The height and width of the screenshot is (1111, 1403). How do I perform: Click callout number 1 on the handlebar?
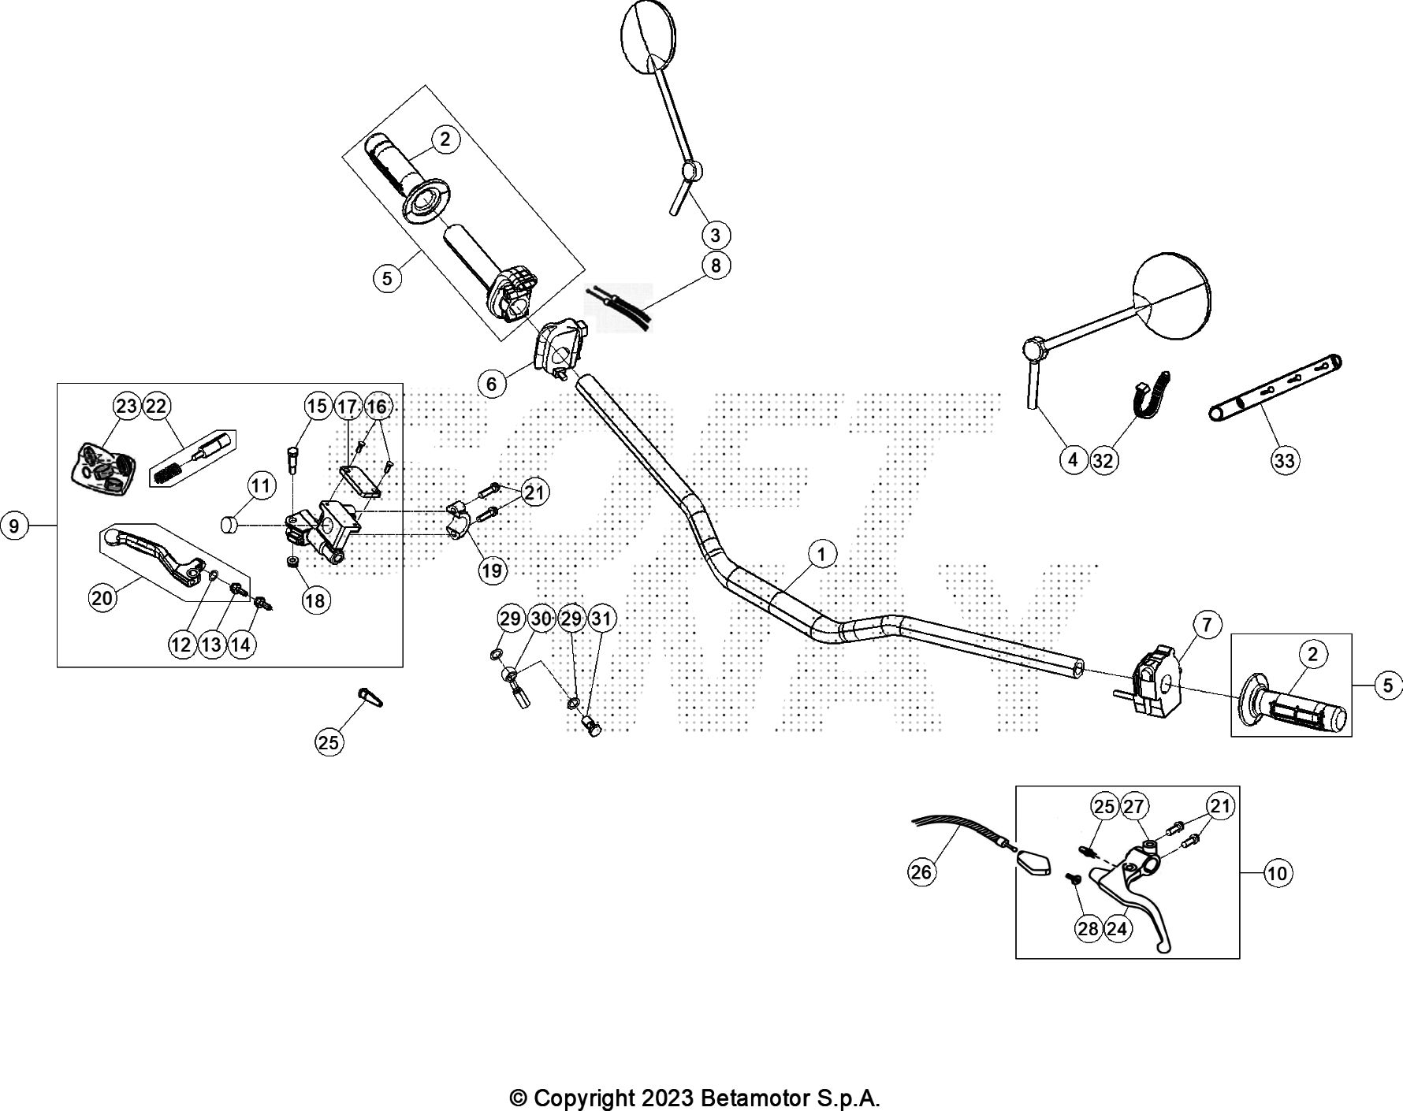click(x=821, y=554)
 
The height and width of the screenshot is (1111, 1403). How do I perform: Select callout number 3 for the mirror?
click(x=716, y=235)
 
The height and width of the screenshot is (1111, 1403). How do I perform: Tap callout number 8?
click(x=716, y=266)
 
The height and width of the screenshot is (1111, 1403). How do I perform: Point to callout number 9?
click(x=14, y=525)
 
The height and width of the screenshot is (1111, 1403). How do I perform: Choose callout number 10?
click(x=1278, y=873)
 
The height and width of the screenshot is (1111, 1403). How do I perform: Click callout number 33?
click(x=1285, y=460)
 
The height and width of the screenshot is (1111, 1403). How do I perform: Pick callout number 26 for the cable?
click(x=921, y=871)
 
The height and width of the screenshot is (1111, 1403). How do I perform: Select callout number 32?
click(x=1103, y=460)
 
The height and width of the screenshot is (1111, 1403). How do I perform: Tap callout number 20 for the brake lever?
click(x=102, y=598)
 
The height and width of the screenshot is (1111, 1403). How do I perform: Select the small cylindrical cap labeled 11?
click(x=229, y=525)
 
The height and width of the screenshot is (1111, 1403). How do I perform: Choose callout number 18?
click(x=314, y=600)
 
